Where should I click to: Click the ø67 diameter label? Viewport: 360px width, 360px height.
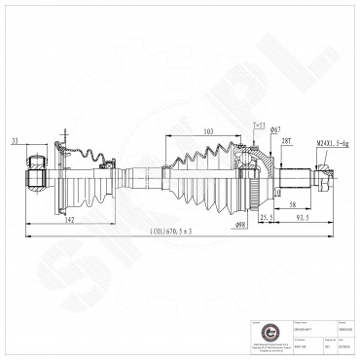[275, 130]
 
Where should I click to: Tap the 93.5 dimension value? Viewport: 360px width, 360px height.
[303, 222]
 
